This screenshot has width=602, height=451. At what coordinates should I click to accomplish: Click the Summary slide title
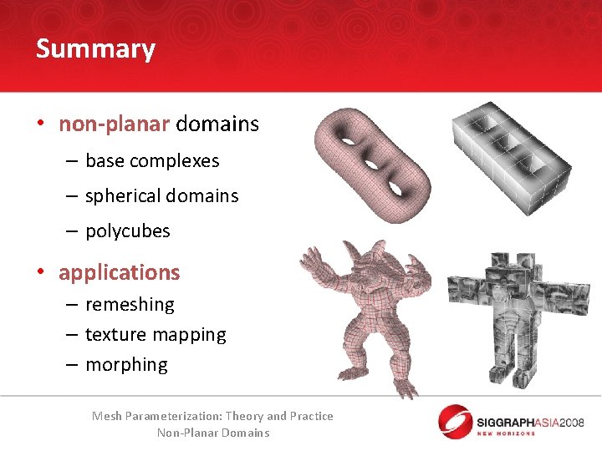[95, 48]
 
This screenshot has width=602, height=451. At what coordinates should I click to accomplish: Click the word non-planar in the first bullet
[114, 124]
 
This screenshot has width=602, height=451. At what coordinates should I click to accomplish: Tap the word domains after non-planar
[217, 124]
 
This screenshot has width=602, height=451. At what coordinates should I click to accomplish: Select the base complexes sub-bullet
[152, 160]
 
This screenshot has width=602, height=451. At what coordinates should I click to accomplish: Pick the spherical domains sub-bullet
[161, 195]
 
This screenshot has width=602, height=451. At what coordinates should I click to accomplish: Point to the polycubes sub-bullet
[127, 231]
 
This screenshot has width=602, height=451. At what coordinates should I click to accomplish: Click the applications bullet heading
[120, 272]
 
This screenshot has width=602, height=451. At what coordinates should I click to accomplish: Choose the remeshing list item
[130, 304]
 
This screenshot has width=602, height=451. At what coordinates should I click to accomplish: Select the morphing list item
[126, 364]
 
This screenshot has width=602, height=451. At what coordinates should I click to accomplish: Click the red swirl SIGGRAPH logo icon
[456, 420]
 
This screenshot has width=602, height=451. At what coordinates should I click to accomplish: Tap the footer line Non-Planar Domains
[213, 433]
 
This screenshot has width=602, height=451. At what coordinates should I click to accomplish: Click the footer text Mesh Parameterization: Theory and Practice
[212, 416]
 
